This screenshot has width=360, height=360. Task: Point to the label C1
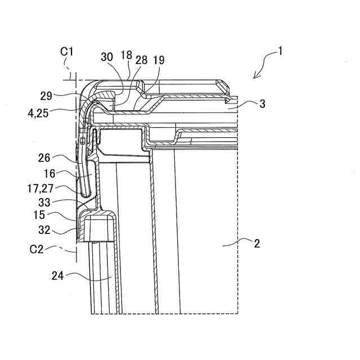click(67, 51)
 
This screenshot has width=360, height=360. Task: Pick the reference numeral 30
click(107, 57)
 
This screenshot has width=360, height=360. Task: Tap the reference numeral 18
click(125, 55)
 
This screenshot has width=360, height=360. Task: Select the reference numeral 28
click(141, 60)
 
